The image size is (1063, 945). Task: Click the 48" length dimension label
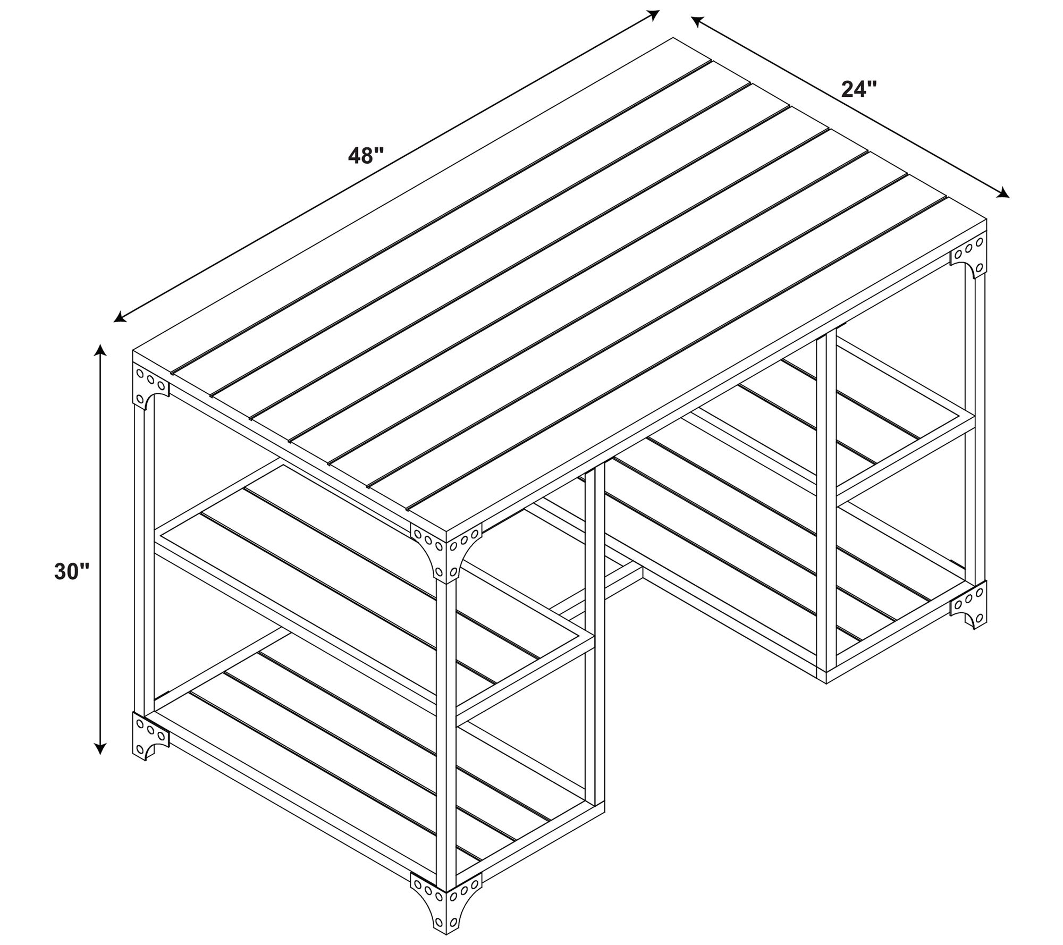click(366, 156)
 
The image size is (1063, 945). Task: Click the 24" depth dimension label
click(859, 89)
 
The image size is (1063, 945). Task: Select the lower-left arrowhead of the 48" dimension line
click(120, 318)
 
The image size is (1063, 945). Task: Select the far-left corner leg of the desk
click(144, 561)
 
